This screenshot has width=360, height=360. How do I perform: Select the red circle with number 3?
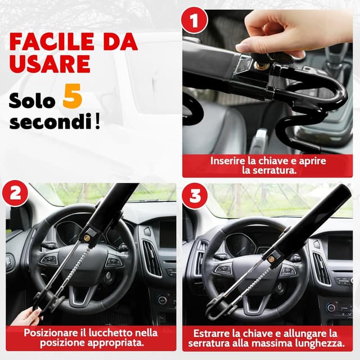(x=194, y=195)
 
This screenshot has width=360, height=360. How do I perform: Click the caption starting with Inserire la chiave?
(x=268, y=165)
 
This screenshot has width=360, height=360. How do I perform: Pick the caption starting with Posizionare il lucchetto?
(x=91, y=337)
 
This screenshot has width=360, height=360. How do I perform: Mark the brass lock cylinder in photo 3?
(x=272, y=258)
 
